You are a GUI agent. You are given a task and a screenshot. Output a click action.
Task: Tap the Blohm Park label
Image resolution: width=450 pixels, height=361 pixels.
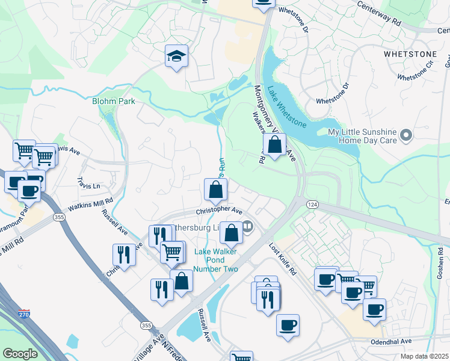point(113,101)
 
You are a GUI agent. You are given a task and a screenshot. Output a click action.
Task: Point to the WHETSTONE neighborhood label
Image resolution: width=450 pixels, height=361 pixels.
point(409,54)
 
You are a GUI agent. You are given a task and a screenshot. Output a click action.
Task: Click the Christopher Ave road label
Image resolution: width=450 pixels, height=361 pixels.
point(220,212)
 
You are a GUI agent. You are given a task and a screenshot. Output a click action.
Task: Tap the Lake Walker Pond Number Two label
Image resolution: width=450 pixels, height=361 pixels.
point(215,260)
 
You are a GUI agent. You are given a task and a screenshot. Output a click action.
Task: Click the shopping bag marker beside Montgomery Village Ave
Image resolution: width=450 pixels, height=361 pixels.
point(274,145)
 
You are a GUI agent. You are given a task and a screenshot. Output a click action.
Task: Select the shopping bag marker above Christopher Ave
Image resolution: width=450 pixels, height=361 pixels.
point(215,190)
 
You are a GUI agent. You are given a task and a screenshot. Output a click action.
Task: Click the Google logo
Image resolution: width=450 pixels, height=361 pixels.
point(20,354)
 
